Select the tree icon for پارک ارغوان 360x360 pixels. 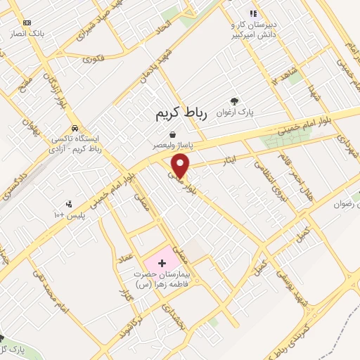pyautogui.click(x=234, y=101)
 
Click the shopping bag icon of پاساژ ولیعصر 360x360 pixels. pyautogui.click(x=172, y=134)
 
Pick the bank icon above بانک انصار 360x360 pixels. pyautogui.click(x=27, y=22)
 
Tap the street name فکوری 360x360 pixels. pyautogui.click(x=93, y=59)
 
